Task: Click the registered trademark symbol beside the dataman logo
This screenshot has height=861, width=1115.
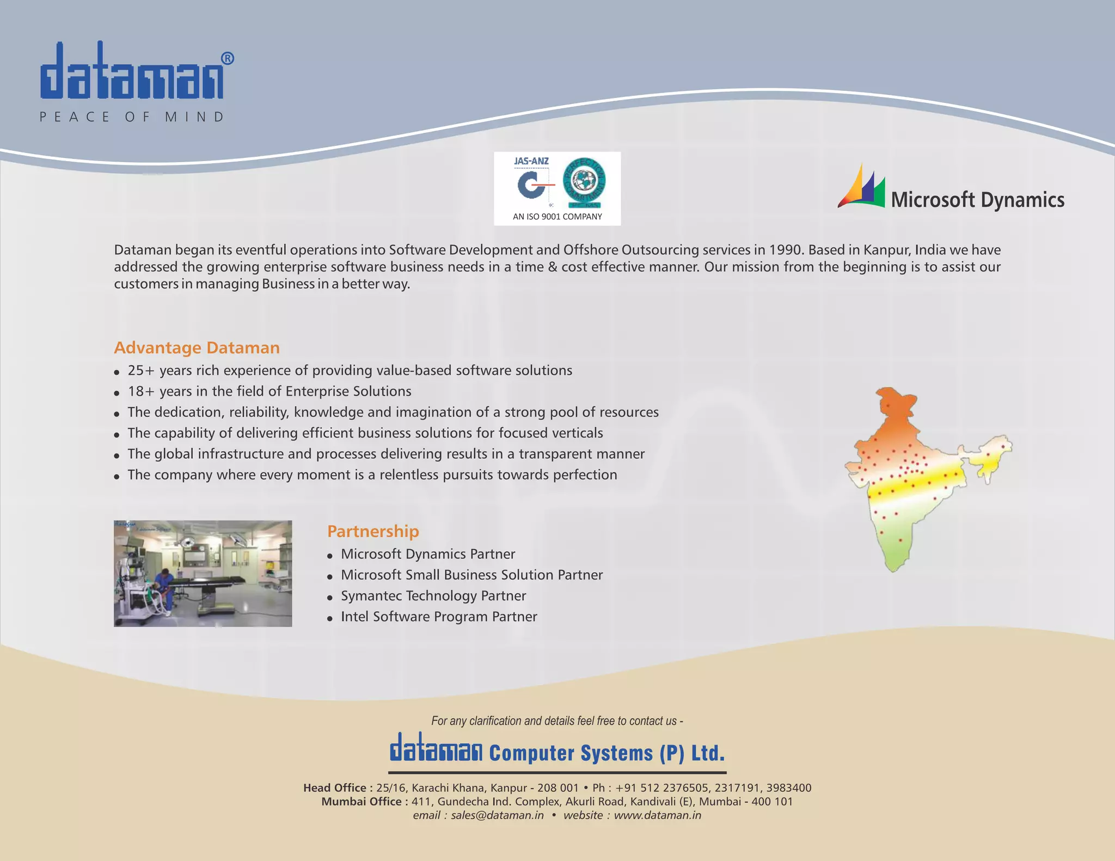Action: tap(228, 59)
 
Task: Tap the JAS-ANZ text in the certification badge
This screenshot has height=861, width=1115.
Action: tap(531, 161)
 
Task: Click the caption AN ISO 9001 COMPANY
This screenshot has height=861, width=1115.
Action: tap(557, 217)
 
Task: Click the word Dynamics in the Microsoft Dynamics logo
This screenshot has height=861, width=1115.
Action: tap(1022, 200)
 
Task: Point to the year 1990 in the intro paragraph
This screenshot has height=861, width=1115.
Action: tap(786, 250)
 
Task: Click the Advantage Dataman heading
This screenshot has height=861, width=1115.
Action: tap(197, 348)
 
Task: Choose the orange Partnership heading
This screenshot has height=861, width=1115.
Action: tap(373, 531)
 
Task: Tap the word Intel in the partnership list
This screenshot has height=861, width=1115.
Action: tap(354, 617)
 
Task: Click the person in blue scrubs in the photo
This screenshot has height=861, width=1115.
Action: tap(164, 591)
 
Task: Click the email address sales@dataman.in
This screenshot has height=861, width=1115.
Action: tap(497, 815)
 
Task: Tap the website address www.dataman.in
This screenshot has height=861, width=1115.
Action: tap(657, 815)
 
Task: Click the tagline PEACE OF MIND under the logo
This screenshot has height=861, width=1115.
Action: tap(132, 117)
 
